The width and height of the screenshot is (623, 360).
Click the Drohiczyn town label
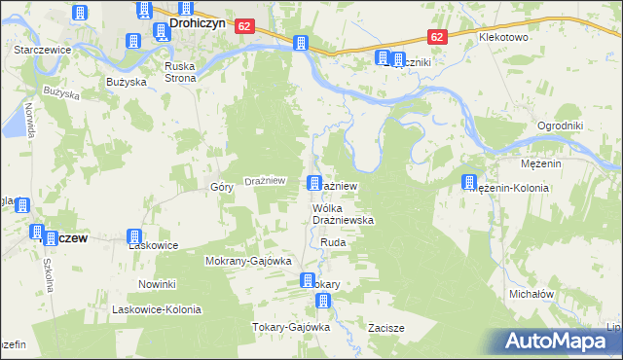(199, 19)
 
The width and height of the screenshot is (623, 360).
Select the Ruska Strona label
(180, 72)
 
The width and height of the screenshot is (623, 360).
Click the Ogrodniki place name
(560, 126)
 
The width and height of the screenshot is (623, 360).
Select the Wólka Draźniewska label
(343, 215)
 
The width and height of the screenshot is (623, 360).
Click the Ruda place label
(333, 242)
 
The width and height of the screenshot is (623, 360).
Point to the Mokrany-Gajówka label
(248, 262)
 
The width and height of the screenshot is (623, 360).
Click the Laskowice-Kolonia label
(156, 309)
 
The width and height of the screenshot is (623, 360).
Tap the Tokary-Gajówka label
(292, 327)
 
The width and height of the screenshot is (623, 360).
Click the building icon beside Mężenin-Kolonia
(470, 182)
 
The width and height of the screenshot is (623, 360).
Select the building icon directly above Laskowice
(134, 236)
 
